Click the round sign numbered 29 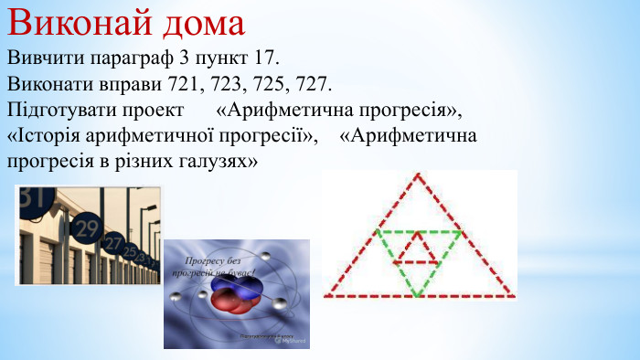pyautogui.click(x=86, y=226)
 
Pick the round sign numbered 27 pyautogui.click(x=112, y=243)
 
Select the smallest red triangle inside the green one pyautogui.click(x=417, y=249)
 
